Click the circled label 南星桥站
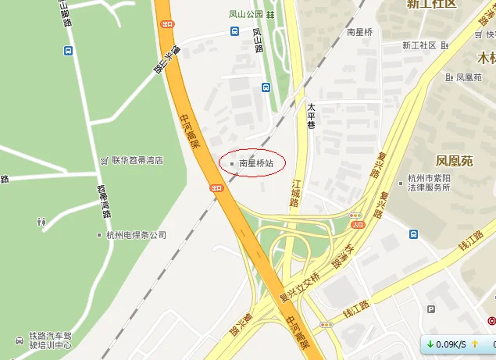click(x=256, y=163)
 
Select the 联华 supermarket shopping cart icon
click(x=104, y=160)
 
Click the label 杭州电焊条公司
click(x=136, y=235)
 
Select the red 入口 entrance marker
click(x=358, y=225)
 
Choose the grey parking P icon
click(x=431, y=310)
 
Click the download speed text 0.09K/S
click(x=451, y=344)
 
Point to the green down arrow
click(x=430, y=344)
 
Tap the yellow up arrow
click(x=474, y=344)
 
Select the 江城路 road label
click(x=294, y=191)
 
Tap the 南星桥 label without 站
click(x=361, y=32)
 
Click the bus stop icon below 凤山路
click(x=266, y=87)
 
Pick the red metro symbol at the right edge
click(x=491, y=320)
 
